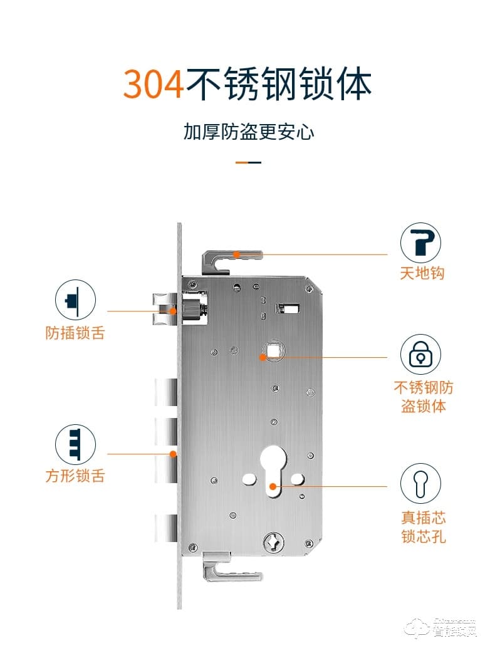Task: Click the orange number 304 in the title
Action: (154, 85)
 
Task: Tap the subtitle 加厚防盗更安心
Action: (248, 132)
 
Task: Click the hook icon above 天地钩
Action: (420, 243)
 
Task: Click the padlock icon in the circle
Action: (420, 355)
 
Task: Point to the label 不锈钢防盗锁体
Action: (423, 396)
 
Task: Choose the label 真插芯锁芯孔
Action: (424, 527)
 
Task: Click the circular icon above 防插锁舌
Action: (75, 300)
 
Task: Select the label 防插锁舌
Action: (75, 332)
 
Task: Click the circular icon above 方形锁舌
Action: (75, 444)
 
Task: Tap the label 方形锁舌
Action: (75, 476)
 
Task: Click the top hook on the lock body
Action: (230, 259)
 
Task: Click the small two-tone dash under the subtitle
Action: (248, 162)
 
